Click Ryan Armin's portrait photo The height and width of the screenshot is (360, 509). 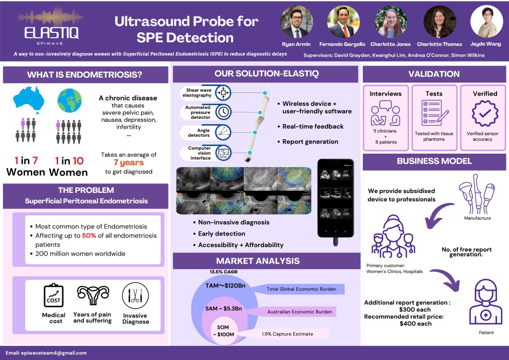(x=297, y=22)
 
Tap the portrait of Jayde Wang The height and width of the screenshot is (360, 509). (x=486, y=22)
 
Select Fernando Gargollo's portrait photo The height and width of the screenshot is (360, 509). (x=343, y=22)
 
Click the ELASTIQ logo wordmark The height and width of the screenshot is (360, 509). (x=51, y=33)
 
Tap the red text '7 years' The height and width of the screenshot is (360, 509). (x=128, y=163)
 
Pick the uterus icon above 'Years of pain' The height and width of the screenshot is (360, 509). (x=92, y=295)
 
